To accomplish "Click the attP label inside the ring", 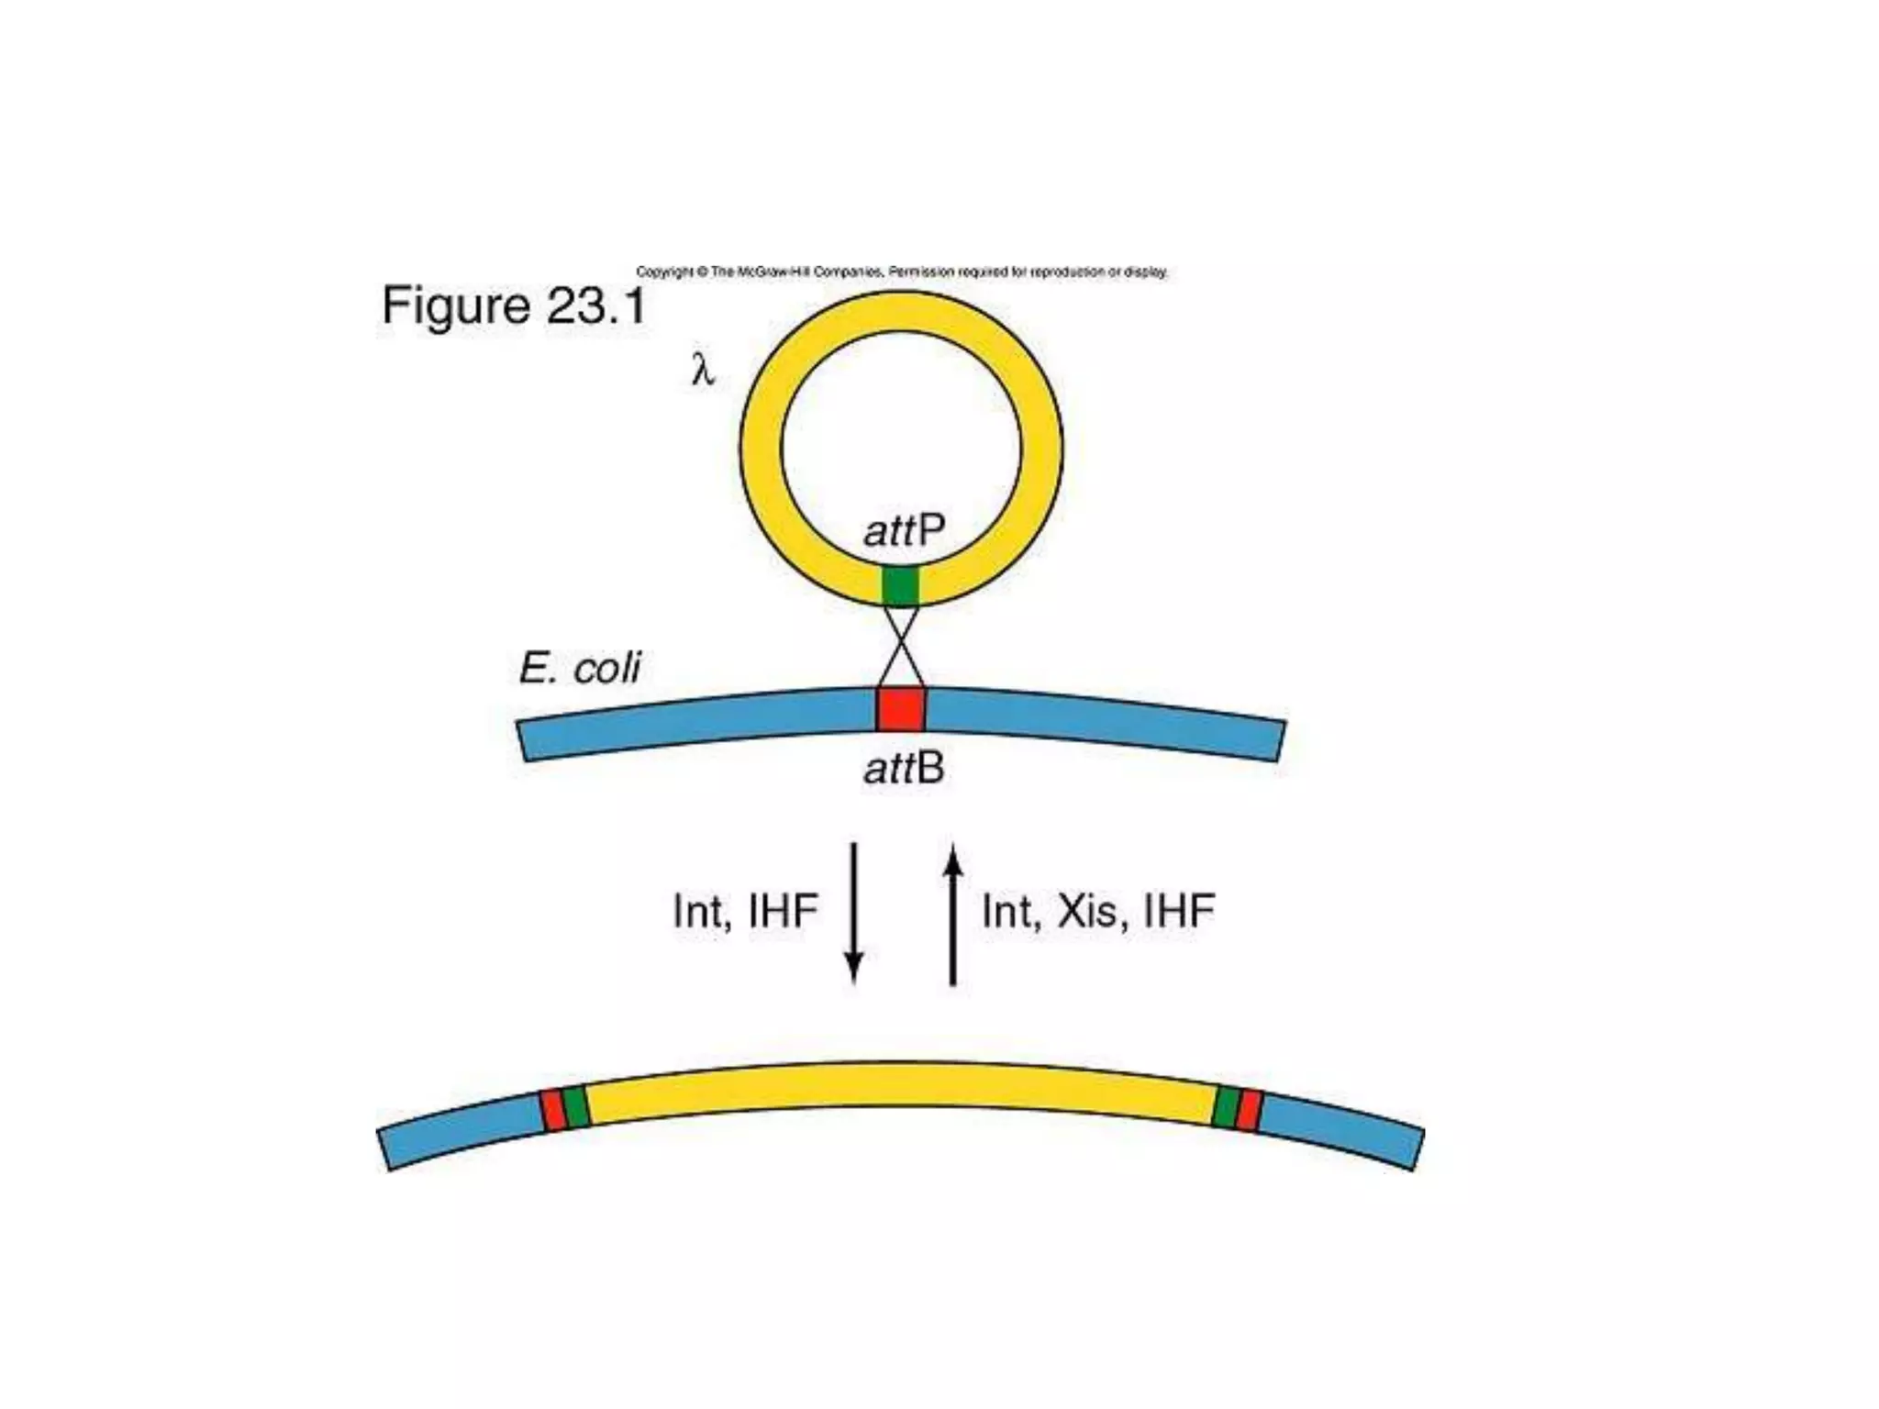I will point(904,530).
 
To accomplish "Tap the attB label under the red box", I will point(904,768).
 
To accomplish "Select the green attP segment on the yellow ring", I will point(900,586).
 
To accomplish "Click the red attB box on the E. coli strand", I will point(900,709).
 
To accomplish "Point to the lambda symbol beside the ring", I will point(702,370).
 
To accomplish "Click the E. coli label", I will point(580,668).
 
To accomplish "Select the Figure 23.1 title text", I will point(514,305).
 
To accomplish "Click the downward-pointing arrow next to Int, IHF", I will point(854,913).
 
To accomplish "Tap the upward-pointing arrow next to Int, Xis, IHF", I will point(953,913).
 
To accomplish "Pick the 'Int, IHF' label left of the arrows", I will point(745,911).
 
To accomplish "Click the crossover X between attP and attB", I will point(901,645).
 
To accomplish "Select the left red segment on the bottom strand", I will point(552,1111).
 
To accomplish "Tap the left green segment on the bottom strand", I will point(575,1106).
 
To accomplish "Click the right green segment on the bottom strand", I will point(1226,1106).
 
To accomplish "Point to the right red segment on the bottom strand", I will point(1249,1111).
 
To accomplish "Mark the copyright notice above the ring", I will point(902,272).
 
